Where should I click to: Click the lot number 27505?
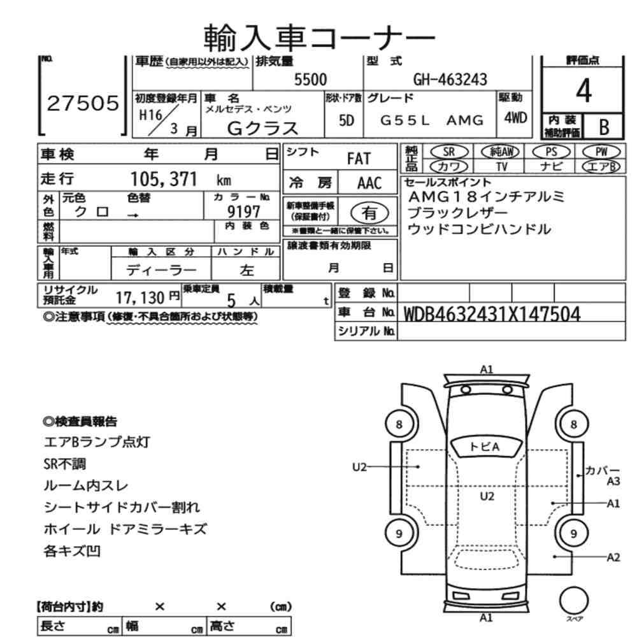click(x=83, y=104)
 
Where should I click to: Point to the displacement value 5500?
click(x=310, y=80)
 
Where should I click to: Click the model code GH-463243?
click(x=450, y=80)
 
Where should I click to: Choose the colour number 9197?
click(x=244, y=211)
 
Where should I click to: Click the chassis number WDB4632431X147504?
click(x=492, y=314)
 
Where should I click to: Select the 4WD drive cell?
click(x=515, y=118)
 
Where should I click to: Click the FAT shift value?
click(x=358, y=159)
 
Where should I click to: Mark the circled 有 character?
click(x=368, y=212)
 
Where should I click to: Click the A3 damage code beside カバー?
click(x=613, y=482)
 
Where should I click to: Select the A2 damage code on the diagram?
click(x=613, y=557)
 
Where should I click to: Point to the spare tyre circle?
click(x=573, y=599)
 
